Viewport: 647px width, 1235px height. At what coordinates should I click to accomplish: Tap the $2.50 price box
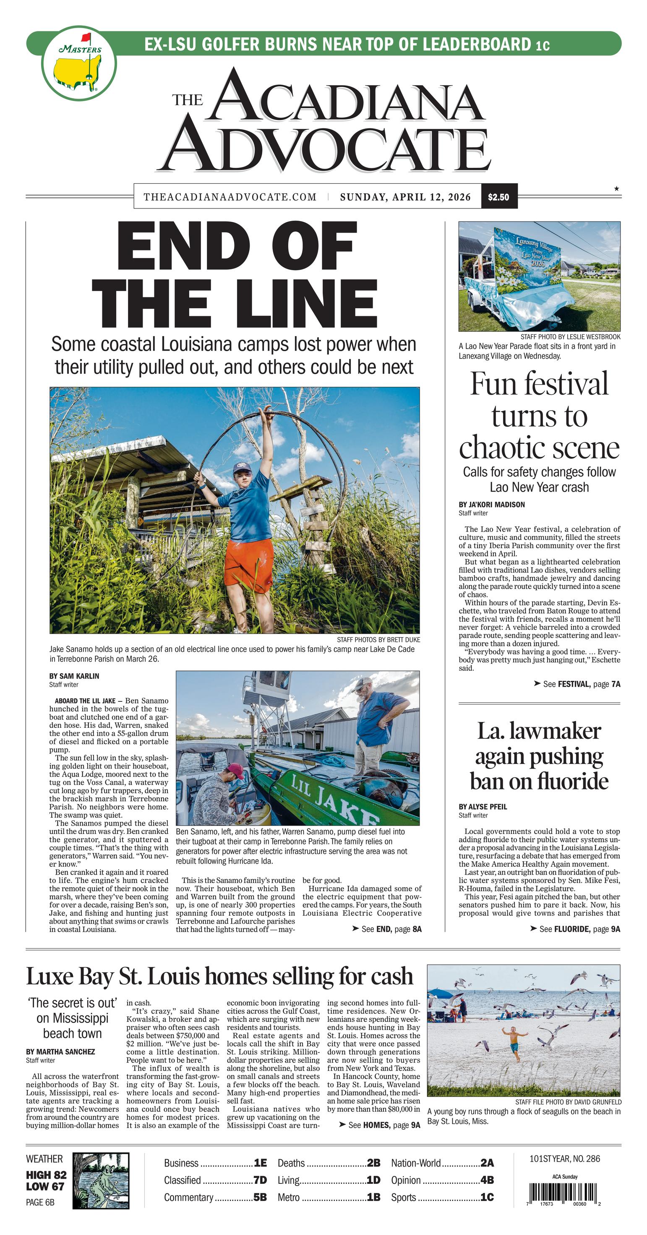pyautogui.click(x=498, y=197)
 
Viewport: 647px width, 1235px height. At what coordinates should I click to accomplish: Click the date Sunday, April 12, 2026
pyautogui.click(x=405, y=197)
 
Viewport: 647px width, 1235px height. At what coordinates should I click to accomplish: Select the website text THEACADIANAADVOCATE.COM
pyautogui.click(x=230, y=197)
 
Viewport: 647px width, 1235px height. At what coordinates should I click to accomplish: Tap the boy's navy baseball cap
pyautogui.click(x=242, y=467)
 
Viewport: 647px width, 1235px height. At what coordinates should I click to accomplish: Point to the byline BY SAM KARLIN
pyautogui.click(x=74, y=676)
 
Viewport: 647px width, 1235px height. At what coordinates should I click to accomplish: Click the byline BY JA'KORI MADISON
pyautogui.click(x=491, y=504)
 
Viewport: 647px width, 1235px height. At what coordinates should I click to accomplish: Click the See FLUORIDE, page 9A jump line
pyautogui.click(x=576, y=929)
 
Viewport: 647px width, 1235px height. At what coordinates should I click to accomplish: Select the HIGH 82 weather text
pyautogui.click(x=46, y=1175)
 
